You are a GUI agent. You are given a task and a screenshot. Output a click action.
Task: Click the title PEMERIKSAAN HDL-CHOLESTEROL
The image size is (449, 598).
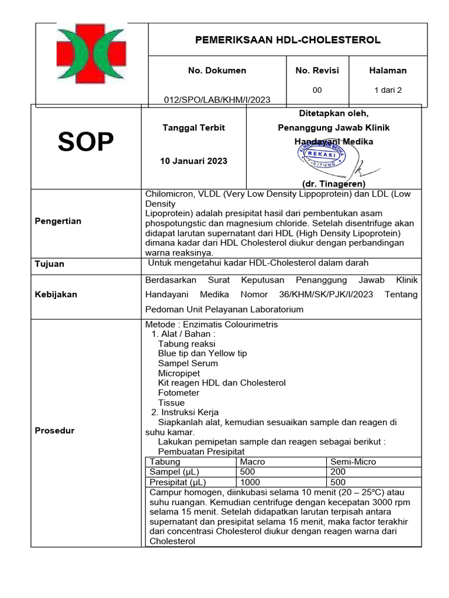(287, 40)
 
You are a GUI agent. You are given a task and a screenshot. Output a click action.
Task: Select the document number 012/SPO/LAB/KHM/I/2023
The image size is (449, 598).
(217, 100)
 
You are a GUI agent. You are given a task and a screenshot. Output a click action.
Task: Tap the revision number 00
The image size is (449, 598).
(317, 90)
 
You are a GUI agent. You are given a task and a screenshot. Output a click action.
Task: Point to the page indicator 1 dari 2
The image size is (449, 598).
(388, 90)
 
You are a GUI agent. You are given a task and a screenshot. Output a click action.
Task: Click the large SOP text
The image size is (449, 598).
(85, 142)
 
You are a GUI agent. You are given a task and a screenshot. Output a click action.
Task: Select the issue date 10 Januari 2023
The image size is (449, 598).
(194, 161)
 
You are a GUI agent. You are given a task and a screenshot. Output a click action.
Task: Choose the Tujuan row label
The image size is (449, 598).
(50, 264)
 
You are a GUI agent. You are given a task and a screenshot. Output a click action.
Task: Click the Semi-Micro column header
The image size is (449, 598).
(353, 461)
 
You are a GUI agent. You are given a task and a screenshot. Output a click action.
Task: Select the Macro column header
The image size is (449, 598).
(252, 461)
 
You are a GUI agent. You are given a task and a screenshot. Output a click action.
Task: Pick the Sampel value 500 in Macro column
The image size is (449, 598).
(247, 472)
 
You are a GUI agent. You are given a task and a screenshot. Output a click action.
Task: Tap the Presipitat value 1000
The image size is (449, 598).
(250, 482)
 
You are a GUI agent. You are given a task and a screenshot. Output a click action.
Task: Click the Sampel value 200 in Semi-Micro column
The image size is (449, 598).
(338, 472)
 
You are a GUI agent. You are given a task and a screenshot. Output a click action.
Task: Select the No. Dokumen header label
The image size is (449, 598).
(217, 71)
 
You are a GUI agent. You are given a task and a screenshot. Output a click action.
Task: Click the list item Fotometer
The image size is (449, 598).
(178, 393)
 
